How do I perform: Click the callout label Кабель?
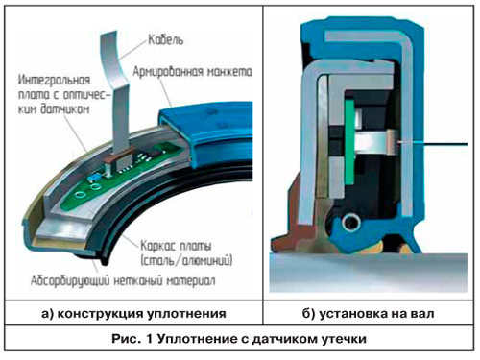(166, 40)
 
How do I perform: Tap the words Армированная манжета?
(192, 71)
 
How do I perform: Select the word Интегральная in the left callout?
(54, 80)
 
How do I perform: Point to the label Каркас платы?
(176, 246)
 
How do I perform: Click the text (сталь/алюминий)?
(186, 260)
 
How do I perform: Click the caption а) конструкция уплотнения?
(133, 313)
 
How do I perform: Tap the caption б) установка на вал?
(368, 313)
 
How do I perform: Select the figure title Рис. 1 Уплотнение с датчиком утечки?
(239, 338)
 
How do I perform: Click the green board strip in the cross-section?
(350, 142)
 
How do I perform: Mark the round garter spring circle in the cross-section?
(351, 222)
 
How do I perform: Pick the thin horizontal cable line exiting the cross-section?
(434, 144)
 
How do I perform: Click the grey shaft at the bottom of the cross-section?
(368, 272)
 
